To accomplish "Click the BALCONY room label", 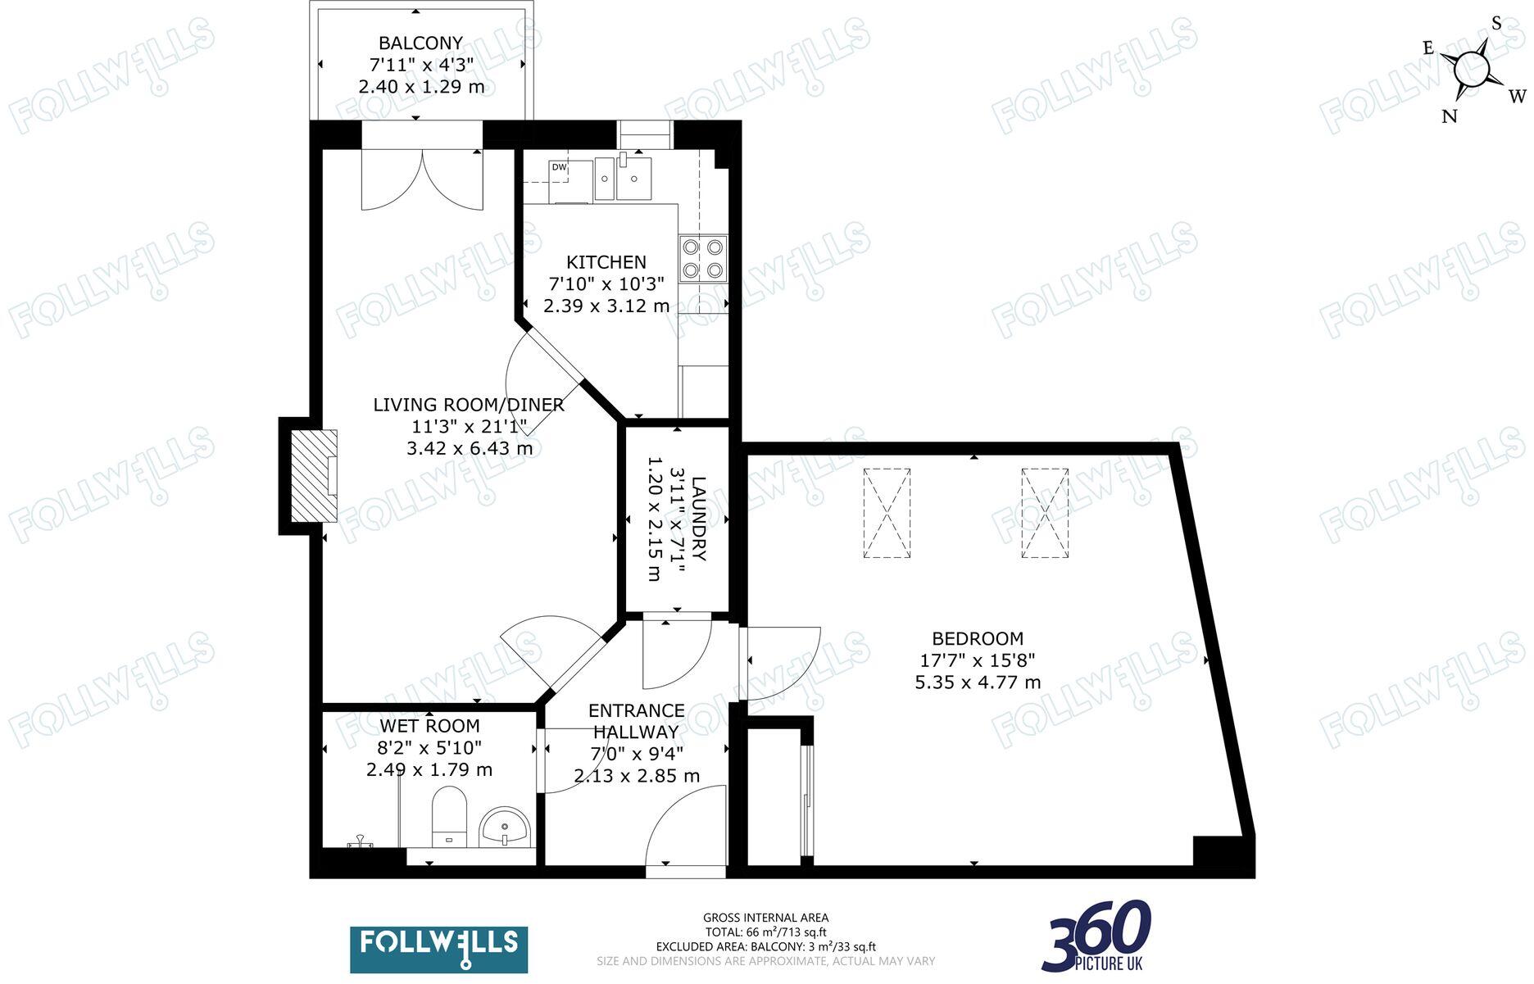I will point(420,43).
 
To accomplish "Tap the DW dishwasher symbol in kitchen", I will point(559,167).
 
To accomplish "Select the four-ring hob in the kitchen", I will point(703,258).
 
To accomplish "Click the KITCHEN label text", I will point(606,262).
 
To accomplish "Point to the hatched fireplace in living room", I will point(314,476).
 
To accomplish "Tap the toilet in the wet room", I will point(448,816).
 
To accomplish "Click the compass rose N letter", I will point(1449,116).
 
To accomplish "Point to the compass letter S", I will point(1496,23).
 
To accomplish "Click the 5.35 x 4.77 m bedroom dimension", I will point(978,682).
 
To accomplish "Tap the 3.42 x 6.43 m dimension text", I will point(470,448).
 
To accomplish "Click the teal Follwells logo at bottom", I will point(438,949).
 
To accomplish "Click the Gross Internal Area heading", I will point(765,918).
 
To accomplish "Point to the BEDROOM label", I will point(978,638).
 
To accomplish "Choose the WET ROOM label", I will point(429,726).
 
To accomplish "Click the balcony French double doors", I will point(422,180).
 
